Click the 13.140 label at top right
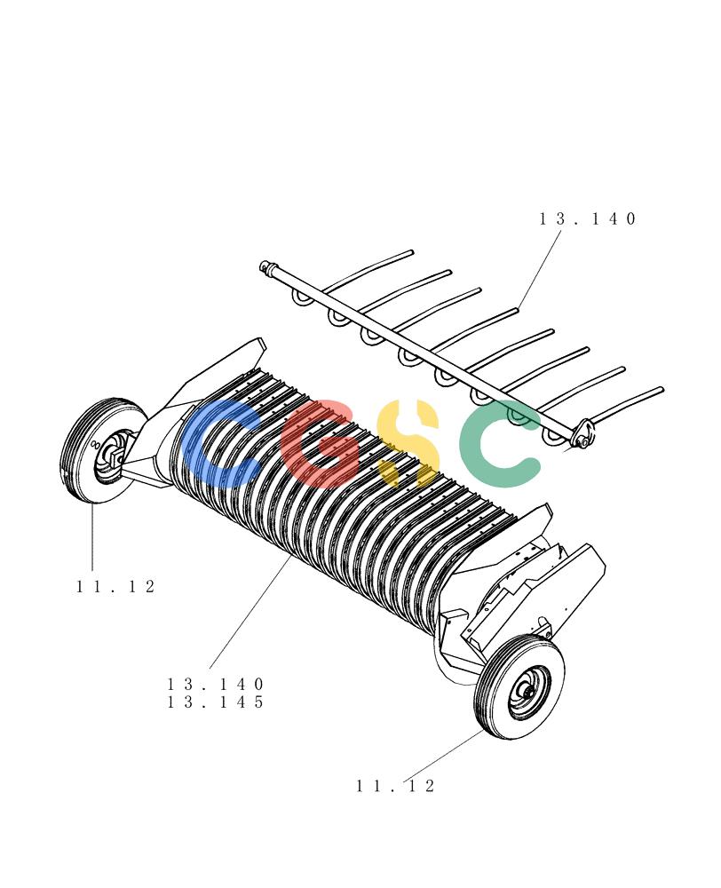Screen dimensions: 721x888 point(587,218)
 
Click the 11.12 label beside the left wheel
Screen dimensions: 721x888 point(115,586)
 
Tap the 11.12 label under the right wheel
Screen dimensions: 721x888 point(395,786)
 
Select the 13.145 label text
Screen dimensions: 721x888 point(216,702)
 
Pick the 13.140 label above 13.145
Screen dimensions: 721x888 point(216,684)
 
